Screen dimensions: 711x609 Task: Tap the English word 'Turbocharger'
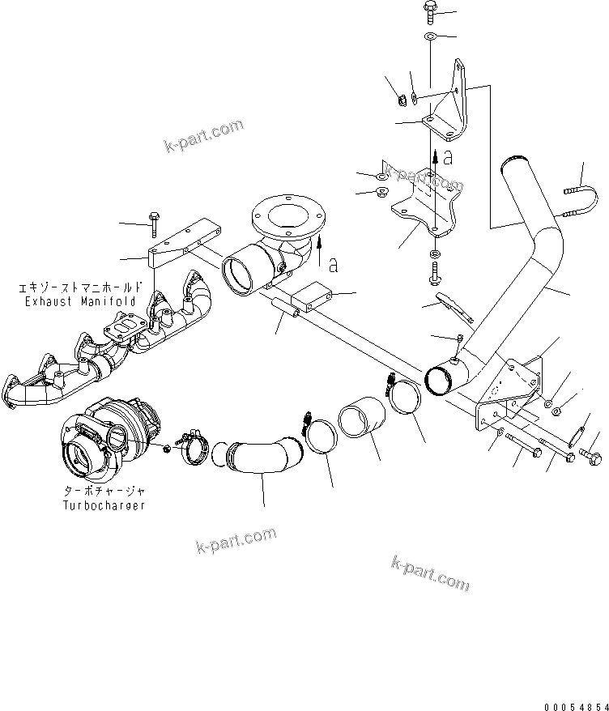point(104,505)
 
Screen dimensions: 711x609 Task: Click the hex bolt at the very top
point(429,12)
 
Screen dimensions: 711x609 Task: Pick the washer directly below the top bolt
point(429,37)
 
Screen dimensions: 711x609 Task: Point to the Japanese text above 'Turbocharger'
point(104,492)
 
